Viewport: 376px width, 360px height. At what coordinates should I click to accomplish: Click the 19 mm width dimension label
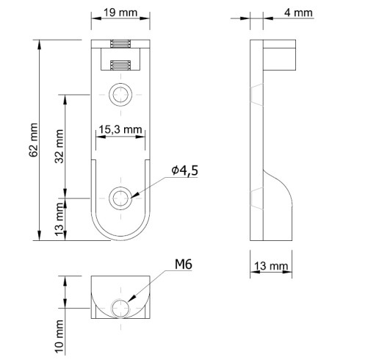pyautogui.click(x=120, y=12)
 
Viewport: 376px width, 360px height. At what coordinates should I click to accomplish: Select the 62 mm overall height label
pyautogui.click(x=34, y=140)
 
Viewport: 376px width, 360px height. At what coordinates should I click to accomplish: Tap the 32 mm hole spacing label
pyautogui.click(x=59, y=146)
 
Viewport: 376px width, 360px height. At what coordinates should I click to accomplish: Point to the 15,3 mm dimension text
pyautogui.click(x=120, y=129)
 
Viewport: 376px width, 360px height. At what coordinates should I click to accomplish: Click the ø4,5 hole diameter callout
pyautogui.click(x=185, y=170)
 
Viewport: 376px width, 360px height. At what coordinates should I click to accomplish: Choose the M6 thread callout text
pyautogui.click(x=184, y=264)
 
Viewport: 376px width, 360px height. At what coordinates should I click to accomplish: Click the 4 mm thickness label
pyautogui.click(x=298, y=12)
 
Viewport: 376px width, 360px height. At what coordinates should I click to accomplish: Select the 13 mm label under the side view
pyautogui.click(x=271, y=266)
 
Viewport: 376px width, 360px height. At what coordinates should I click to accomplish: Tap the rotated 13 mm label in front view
pyautogui.click(x=59, y=219)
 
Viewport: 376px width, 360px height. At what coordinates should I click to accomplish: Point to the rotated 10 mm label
pyautogui.click(x=59, y=336)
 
